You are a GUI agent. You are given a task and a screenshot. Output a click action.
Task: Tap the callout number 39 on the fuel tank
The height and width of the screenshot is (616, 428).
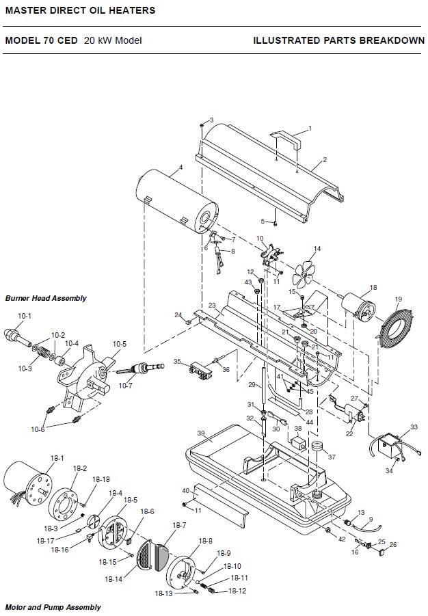coord(201,433)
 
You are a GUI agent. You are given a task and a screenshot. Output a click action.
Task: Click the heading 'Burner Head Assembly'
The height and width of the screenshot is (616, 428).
coord(46,298)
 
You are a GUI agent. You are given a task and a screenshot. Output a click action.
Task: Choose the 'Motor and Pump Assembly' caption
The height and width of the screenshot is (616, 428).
coord(53,607)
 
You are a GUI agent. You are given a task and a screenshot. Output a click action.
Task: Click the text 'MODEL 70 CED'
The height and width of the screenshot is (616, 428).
coord(41,40)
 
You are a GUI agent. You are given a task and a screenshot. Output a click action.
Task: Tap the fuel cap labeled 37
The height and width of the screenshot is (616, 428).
coord(317,446)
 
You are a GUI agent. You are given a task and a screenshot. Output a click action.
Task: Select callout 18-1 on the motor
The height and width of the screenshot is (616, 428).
coord(57,458)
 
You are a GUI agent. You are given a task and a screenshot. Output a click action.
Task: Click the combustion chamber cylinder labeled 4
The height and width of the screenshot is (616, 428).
coord(176,201)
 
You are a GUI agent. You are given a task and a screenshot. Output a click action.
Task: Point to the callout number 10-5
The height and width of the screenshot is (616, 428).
coord(120,344)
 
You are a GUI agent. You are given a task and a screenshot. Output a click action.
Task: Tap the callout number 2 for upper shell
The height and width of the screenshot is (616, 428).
coord(325,159)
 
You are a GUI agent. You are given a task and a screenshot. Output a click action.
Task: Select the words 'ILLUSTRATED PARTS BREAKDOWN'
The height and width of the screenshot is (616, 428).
coord(339,40)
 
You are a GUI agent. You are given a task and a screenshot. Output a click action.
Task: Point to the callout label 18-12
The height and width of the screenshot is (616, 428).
coord(237,591)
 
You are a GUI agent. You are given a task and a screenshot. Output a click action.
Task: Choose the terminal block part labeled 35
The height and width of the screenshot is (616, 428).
coord(200,371)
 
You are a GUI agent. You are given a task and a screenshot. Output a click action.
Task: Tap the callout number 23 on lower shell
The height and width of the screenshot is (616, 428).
coord(212,305)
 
